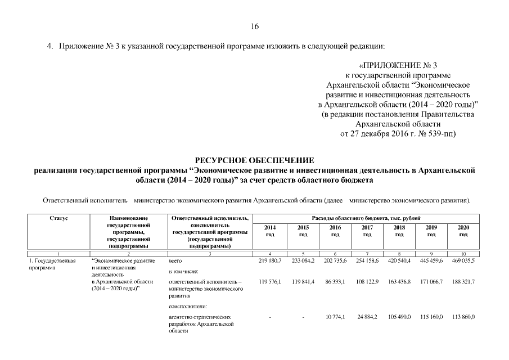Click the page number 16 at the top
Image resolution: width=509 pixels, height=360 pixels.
pos(254,26)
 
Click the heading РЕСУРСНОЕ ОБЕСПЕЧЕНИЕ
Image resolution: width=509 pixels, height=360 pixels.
pos(254,161)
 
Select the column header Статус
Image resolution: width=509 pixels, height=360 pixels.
pos(58,218)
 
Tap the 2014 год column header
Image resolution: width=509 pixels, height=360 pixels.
pos(269,231)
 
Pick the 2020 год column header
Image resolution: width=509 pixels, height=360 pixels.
pos(463,231)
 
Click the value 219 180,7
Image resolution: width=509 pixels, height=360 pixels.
pos(269,262)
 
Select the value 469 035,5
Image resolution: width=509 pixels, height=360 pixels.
pos(463,262)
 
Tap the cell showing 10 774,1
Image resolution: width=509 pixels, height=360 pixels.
pos(335,317)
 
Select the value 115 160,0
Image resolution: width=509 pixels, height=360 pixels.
pos(431,317)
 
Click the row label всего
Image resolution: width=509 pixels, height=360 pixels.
pos(175,262)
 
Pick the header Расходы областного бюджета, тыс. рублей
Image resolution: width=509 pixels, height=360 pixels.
pos(366,218)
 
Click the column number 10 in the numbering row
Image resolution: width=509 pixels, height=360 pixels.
pos(463,254)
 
